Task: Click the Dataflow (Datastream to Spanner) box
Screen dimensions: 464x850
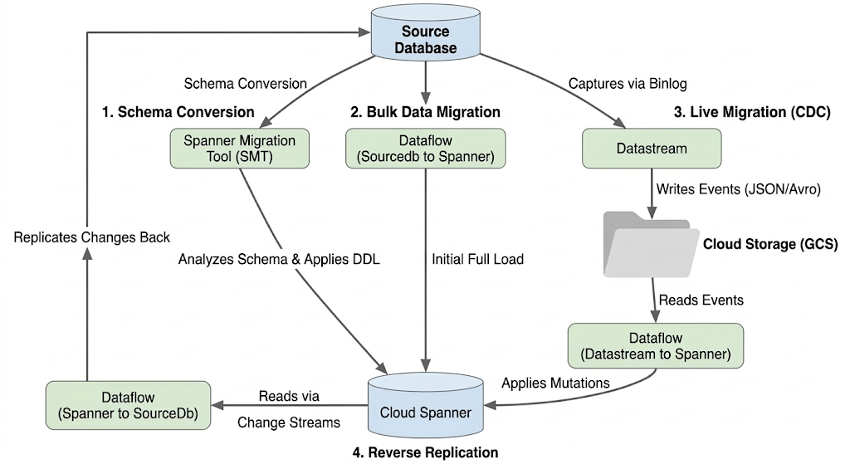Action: tap(656, 346)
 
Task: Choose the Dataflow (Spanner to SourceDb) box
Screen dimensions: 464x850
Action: tap(128, 404)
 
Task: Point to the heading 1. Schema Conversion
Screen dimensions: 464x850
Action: tap(178, 111)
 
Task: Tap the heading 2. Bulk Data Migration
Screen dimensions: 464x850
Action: tap(425, 111)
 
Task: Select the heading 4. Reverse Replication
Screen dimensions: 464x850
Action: tap(425, 452)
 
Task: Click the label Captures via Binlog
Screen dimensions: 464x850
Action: tap(628, 84)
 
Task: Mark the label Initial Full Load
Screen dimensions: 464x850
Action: tap(477, 259)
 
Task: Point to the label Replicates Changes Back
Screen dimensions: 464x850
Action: tap(86, 237)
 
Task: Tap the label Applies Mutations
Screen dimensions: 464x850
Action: tap(555, 383)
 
